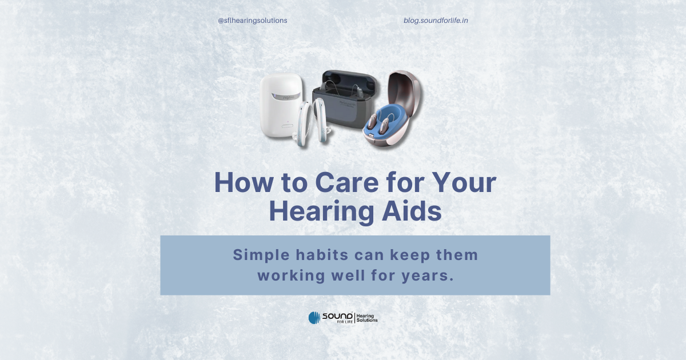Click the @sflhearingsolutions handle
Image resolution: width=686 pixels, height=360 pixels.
coord(252,21)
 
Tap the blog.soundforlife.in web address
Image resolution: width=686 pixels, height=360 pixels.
coord(436,21)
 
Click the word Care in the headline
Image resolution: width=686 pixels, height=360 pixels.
coord(346,182)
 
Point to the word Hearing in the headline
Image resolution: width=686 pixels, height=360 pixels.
coord(321,212)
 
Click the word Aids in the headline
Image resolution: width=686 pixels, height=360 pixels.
coord(412,211)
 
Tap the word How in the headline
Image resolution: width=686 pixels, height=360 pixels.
coord(244,182)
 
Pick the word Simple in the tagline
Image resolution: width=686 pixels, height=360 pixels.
coord(261,255)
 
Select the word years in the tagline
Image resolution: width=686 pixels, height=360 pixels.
coord(428,276)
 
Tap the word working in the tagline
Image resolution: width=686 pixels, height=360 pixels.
coord(291,276)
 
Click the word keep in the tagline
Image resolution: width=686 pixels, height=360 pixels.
coord(410,255)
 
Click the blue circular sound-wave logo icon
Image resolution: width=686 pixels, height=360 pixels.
coord(314,318)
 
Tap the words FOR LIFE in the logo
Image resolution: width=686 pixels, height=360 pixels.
coord(345,322)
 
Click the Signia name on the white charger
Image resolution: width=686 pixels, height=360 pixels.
coord(289,97)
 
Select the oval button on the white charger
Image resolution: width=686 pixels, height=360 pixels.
coord(287,126)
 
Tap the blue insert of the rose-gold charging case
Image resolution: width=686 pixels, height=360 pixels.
coord(386,120)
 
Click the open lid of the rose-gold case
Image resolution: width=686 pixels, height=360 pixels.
coord(405,91)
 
